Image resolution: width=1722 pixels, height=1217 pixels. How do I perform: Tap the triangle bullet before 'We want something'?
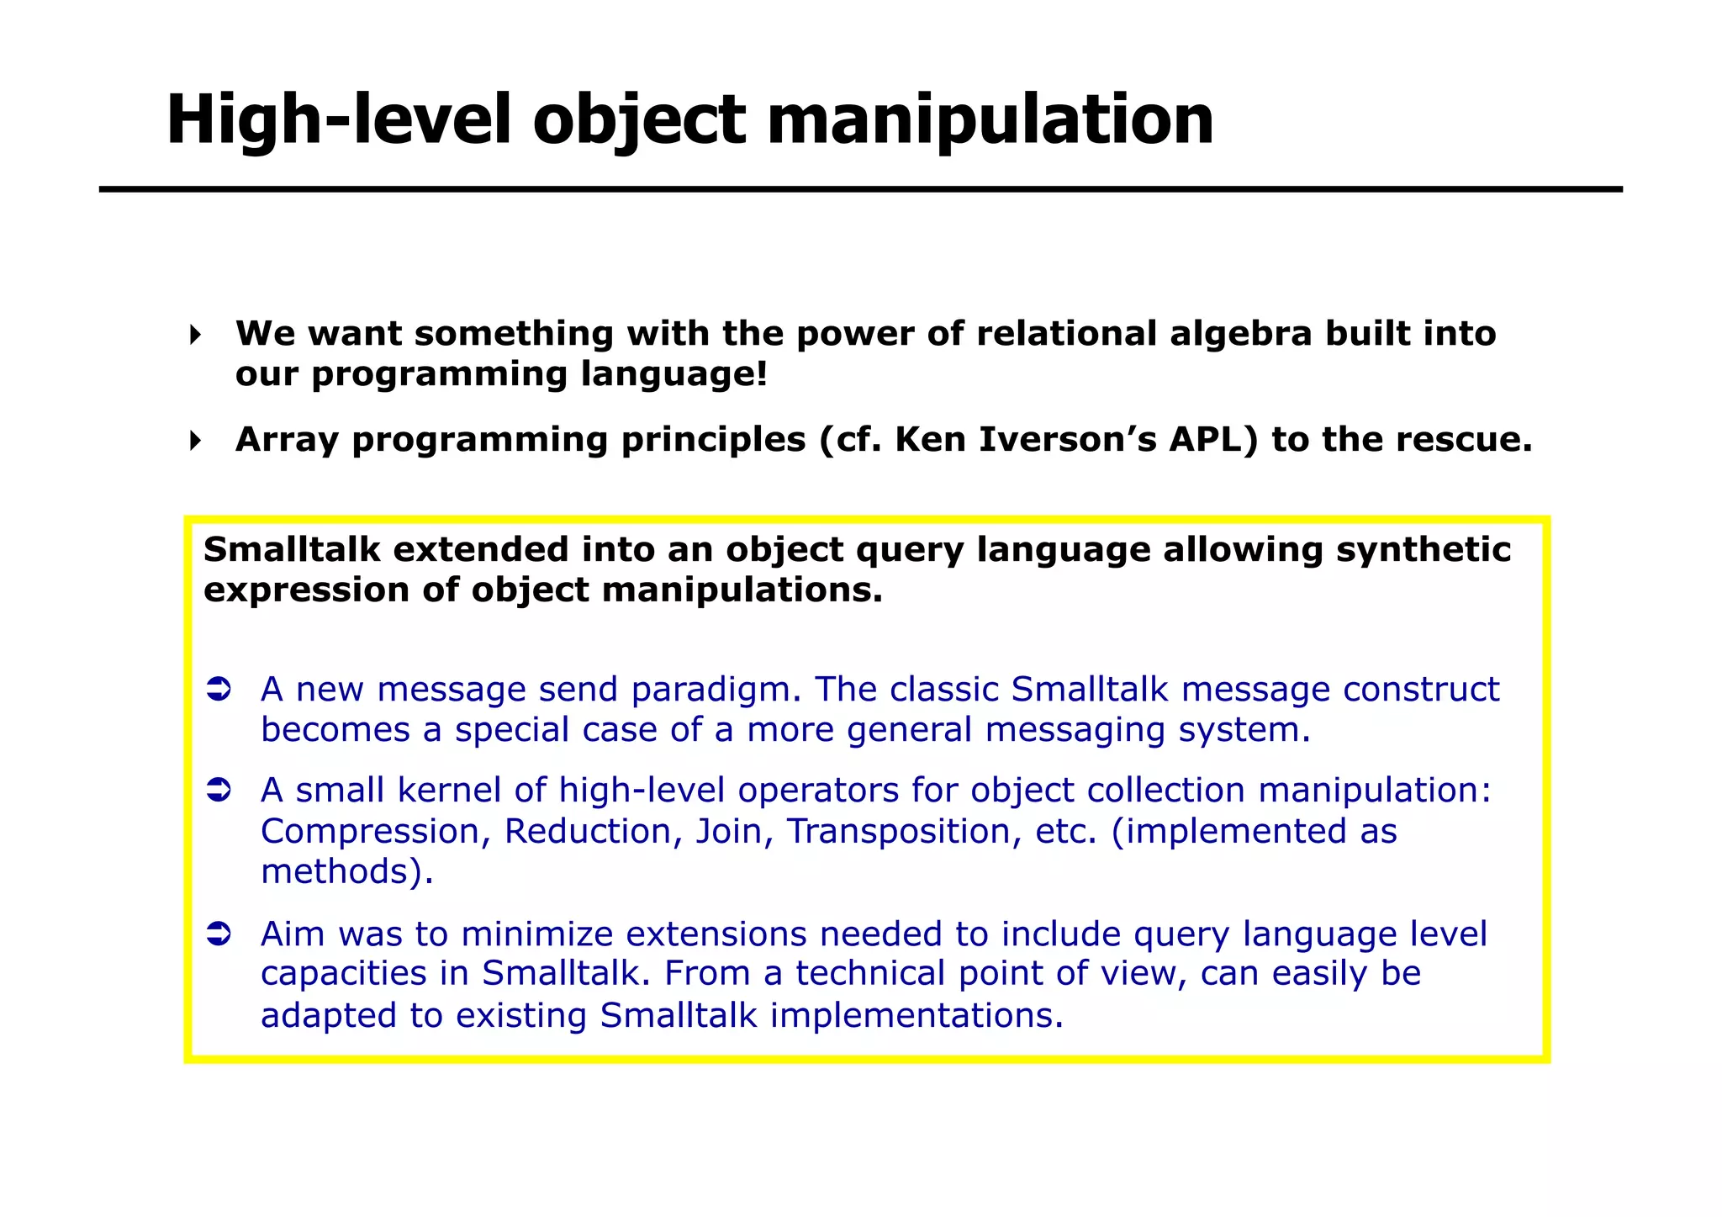click(195, 335)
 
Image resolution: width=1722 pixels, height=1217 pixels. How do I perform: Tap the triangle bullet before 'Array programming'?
click(195, 441)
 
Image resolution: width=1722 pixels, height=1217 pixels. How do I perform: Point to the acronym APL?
click(1213, 440)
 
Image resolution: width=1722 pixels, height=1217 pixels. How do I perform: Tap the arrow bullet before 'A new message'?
click(219, 690)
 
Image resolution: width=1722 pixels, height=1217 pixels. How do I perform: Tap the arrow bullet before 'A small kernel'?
click(219, 791)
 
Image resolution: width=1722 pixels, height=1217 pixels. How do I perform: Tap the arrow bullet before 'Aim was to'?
click(219, 934)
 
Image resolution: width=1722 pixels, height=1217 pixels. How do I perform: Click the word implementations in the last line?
click(916, 1015)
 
